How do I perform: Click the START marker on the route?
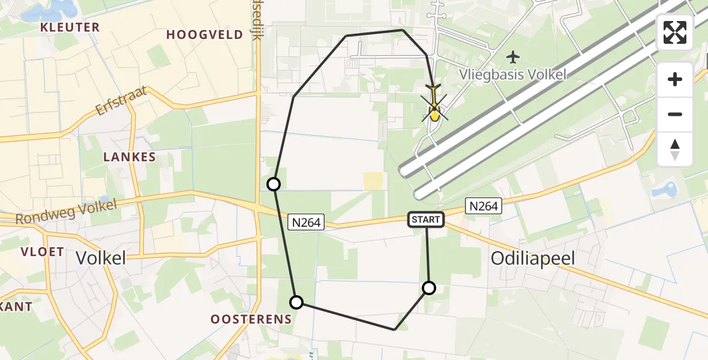coord(426,220)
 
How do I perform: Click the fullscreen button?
coord(675,32)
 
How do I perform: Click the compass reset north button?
coord(675,149)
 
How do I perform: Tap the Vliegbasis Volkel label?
coord(512,74)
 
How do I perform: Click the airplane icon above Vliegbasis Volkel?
coord(512,58)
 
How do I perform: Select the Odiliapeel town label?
coord(533,258)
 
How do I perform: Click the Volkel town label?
coord(101,258)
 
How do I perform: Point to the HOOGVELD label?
coord(205,35)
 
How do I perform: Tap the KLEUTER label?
coord(70,28)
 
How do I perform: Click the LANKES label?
coord(130,157)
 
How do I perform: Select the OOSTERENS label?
coord(251,319)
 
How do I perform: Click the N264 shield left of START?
coord(306,223)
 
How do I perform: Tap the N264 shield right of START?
coord(484,206)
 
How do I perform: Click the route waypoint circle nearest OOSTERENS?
coord(296,302)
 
